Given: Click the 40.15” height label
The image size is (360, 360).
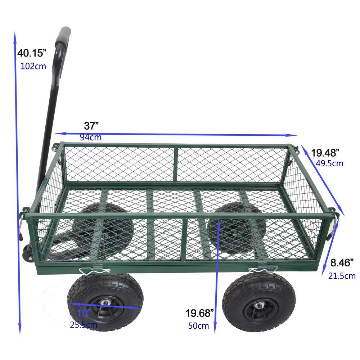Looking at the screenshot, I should (32, 53).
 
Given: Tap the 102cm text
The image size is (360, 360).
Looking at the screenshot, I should (33, 67).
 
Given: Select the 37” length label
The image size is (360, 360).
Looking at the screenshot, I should (91, 126).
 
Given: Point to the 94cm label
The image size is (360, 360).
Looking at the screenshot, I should (91, 137).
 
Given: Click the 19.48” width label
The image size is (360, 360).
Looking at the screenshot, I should (325, 153).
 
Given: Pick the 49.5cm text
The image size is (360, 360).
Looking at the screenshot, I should (329, 163).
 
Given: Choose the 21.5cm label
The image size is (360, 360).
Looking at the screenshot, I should (342, 276).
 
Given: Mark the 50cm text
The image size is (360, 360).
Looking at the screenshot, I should (198, 326).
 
